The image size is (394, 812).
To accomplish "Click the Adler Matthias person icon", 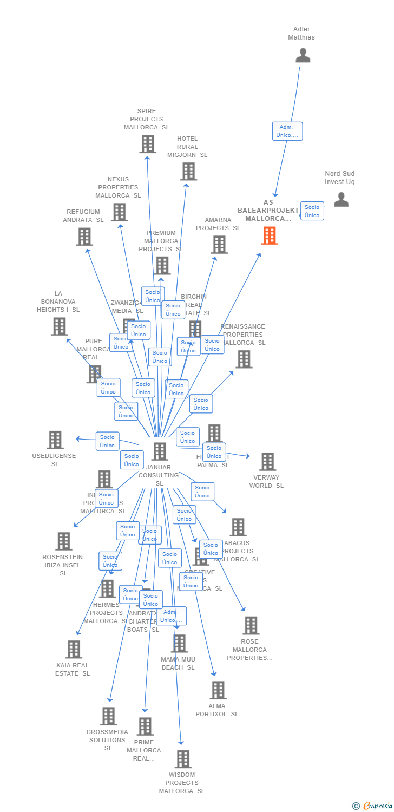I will [x=303, y=55].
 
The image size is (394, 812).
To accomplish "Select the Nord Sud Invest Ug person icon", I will [x=341, y=200].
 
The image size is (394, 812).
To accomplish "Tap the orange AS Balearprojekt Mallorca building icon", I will [x=270, y=235].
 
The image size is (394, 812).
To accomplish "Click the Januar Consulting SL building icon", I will [x=160, y=451].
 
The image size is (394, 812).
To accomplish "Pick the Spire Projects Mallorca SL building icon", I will [x=148, y=144].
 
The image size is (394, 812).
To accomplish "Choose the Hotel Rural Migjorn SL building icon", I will [x=188, y=172].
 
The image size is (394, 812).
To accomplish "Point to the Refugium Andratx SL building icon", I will [x=84, y=237].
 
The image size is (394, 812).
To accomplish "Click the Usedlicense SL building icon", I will [x=55, y=440].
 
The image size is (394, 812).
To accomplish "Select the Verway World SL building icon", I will [x=267, y=462].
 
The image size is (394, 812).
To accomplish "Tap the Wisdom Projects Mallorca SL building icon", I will [x=183, y=759].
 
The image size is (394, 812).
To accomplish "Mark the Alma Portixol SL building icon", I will [x=218, y=690].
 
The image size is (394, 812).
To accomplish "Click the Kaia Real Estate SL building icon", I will [x=74, y=650].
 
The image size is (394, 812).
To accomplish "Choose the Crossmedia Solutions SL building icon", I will [x=108, y=716].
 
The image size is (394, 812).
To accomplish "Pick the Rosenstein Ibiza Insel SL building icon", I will [x=64, y=541].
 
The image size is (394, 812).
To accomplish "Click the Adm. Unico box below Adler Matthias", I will [x=287, y=131].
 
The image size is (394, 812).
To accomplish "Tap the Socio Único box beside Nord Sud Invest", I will [x=312, y=211].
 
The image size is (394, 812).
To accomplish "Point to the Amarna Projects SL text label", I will [x=218, y=224].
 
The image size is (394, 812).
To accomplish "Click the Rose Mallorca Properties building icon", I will [x=251, y=626].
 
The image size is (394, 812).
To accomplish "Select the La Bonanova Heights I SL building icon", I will [x=60, y=326].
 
